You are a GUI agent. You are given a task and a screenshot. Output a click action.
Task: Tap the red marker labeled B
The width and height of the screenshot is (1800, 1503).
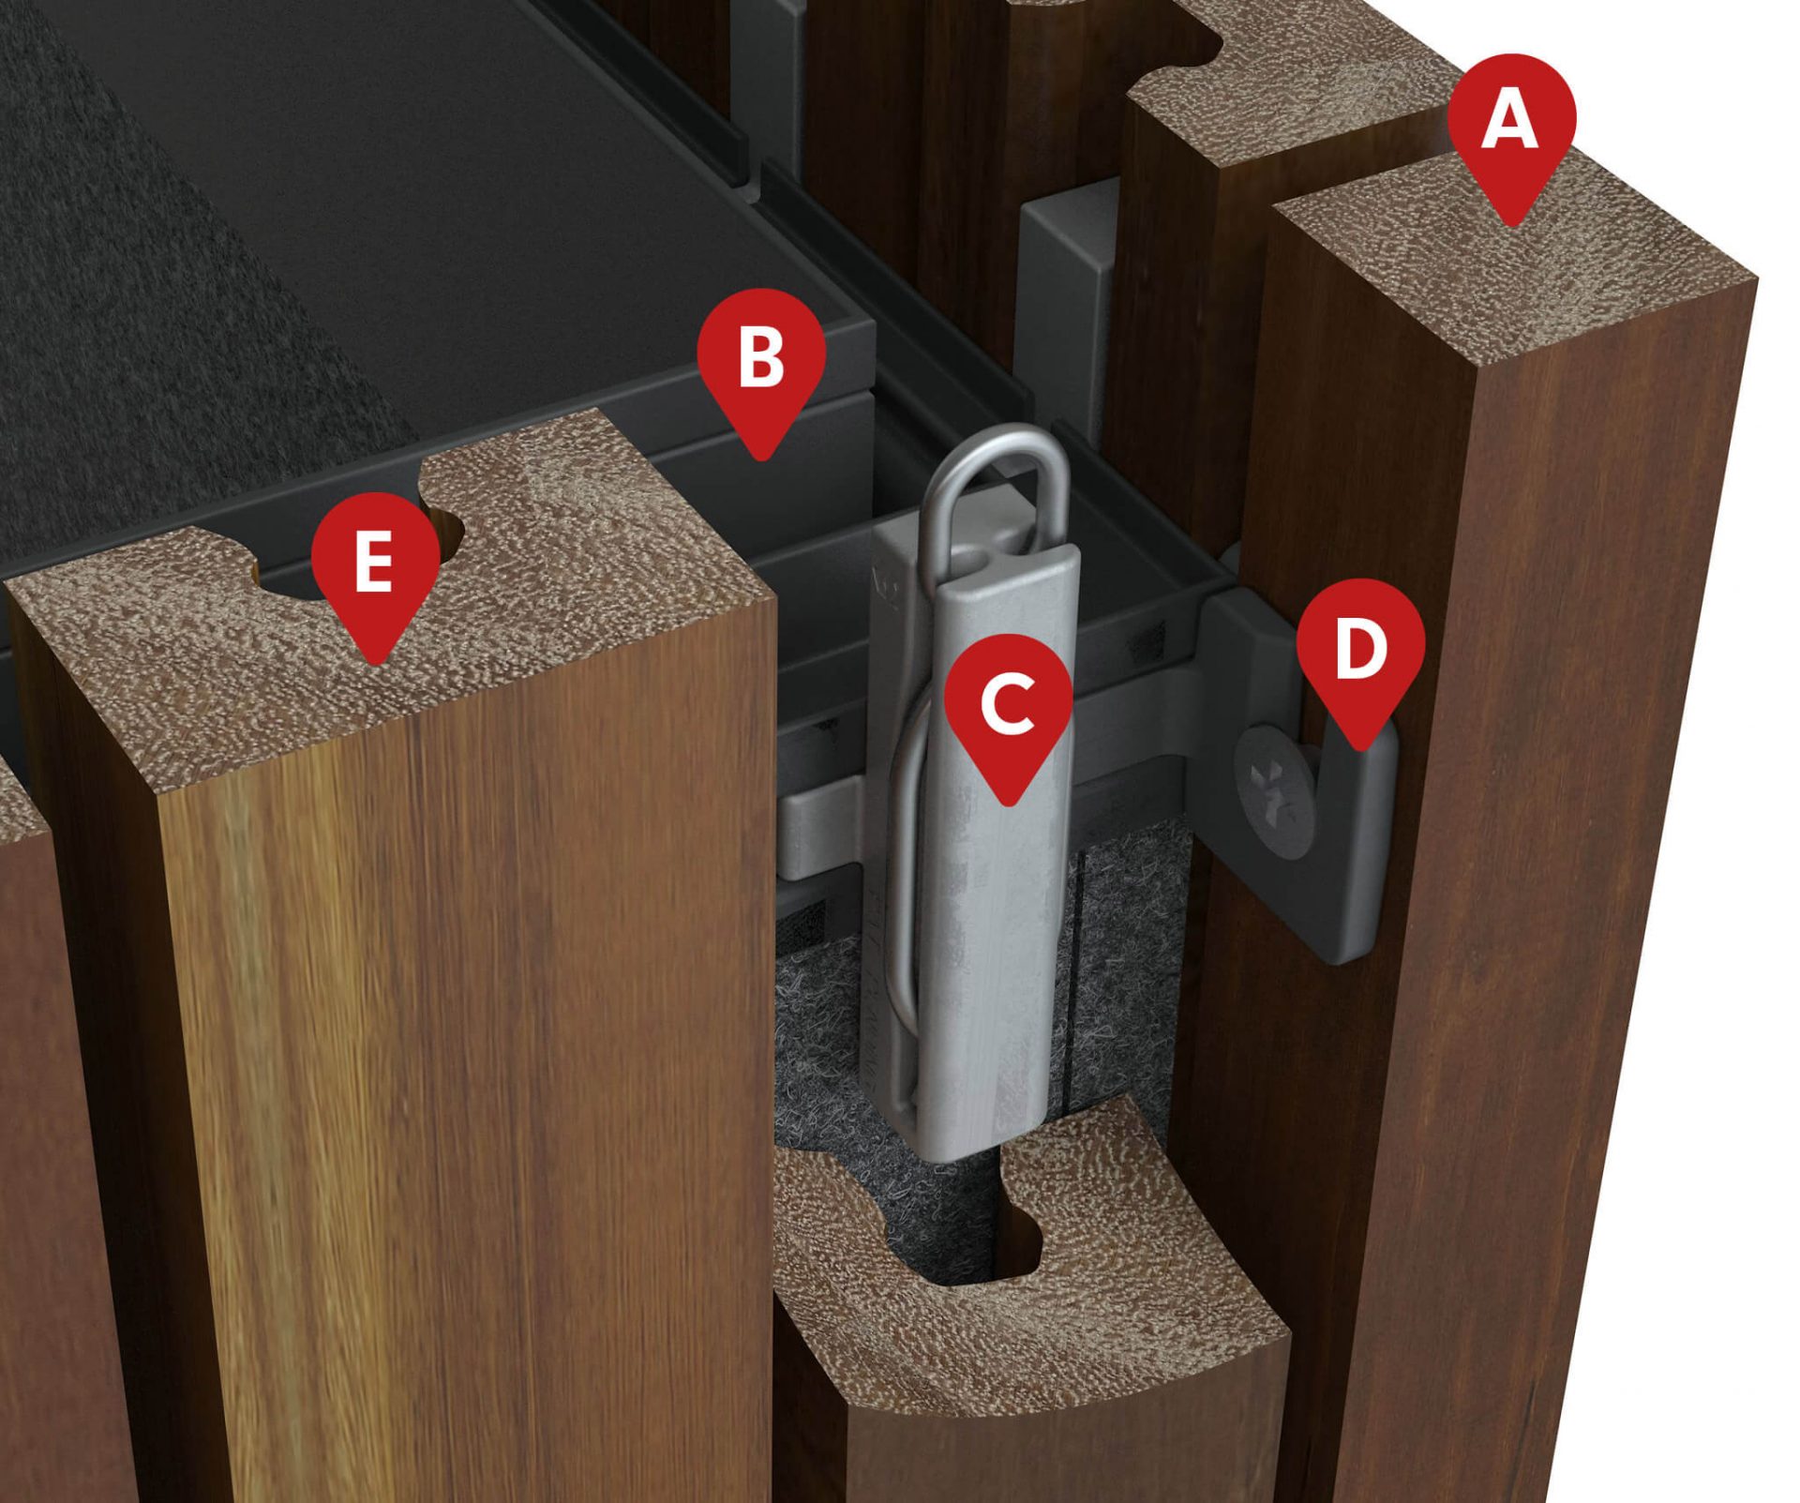[x=761, y=361]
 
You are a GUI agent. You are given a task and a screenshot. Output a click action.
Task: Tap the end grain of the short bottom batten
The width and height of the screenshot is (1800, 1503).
[x=1031, y=1331]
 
